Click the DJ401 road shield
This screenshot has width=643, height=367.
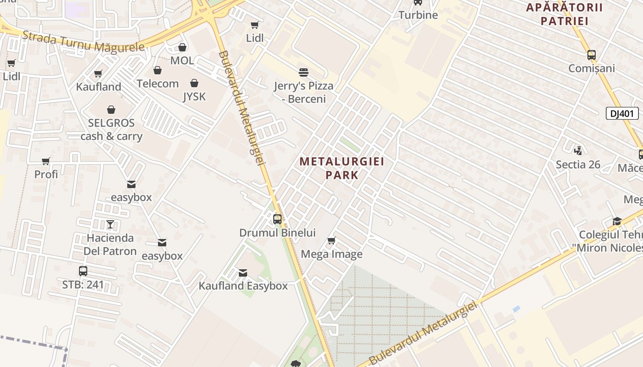coord(622,113)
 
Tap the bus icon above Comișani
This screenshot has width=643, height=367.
coord(592,55)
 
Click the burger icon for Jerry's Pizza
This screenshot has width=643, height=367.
coord(303,72)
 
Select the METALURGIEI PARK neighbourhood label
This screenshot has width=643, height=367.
coord(342,168)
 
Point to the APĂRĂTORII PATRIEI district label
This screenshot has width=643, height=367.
coord(564,14)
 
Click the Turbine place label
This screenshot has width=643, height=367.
coord(418,15)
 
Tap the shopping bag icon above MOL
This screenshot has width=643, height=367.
coord(182,47)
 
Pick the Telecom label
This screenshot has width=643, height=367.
coord(158,83)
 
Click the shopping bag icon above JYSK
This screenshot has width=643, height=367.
coord(194,83)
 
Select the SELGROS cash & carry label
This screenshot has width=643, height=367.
coord(112,129)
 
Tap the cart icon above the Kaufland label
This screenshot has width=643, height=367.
coord(98,73)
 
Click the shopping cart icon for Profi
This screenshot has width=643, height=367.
coord(46,161)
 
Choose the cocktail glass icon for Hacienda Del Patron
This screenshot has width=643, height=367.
coord(110,224)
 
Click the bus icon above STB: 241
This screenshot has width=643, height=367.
coord(83,271)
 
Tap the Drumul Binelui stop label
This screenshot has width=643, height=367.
coord(277,233)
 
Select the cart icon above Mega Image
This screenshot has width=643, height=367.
coord(332,241)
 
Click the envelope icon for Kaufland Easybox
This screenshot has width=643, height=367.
coord(243,273)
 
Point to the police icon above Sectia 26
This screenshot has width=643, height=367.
coord(578,150)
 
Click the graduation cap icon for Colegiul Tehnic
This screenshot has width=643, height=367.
coord(617,222)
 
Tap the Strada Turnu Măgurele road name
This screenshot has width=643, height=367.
coord(83,41)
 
